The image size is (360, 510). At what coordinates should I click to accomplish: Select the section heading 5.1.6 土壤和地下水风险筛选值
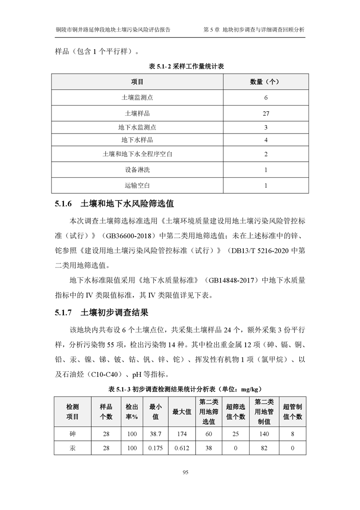114,203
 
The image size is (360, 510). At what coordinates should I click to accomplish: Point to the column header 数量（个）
265,82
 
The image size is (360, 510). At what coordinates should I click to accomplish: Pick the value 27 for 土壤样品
266,113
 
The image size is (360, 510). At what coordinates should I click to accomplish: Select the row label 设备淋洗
137,170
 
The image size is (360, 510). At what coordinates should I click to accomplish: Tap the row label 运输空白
137,185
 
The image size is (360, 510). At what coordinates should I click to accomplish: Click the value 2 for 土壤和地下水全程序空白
266,154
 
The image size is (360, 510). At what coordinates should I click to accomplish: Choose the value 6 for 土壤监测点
266,98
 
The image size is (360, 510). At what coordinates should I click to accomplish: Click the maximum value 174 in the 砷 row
182,434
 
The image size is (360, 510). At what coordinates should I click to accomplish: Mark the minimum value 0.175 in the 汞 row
155,448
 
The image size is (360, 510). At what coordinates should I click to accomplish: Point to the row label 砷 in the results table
72,434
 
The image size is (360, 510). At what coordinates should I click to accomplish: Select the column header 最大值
182,412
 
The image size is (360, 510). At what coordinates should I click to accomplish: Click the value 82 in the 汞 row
264,448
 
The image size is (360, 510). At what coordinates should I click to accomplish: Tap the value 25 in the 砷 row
236,434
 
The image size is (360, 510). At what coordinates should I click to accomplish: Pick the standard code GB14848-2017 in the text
232,280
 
